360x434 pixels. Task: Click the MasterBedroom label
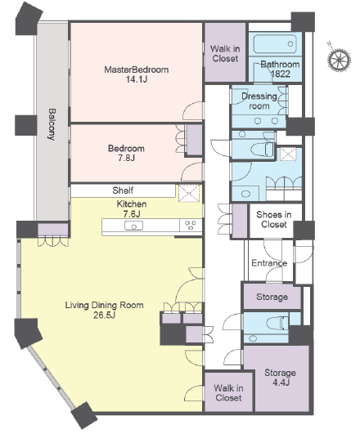click(x=137, y=69)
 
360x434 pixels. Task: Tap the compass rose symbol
click(x=339, y=59)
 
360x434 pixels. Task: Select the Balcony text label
click(x=52, y=124)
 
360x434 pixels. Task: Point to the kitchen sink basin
click(x=134, y=226)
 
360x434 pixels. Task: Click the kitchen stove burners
click(x=191, y=225)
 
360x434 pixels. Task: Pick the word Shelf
click(x=123, y=190)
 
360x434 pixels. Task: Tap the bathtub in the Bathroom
click(x=275, y=44)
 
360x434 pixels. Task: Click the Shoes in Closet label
click(x=274, y=219)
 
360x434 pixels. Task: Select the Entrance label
click(x=269, y=263)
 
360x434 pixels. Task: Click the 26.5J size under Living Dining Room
click(x=104, y=315)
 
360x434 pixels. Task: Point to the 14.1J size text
click(x=137, y=79)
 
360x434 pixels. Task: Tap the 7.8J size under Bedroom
click(x=126, y=159)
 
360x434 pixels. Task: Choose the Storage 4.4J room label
click(x=280, y=378)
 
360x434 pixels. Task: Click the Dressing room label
click(x=259, y=101)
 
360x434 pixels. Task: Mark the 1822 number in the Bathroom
click(x=281, y=74)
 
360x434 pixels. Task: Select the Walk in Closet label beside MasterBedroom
click(x=225, y=54)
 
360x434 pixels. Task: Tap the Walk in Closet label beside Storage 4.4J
click(x=228, y=393)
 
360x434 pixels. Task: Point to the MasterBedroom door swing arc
click(x=187, y=106)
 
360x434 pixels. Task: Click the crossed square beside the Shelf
click(x=189, y=193)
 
